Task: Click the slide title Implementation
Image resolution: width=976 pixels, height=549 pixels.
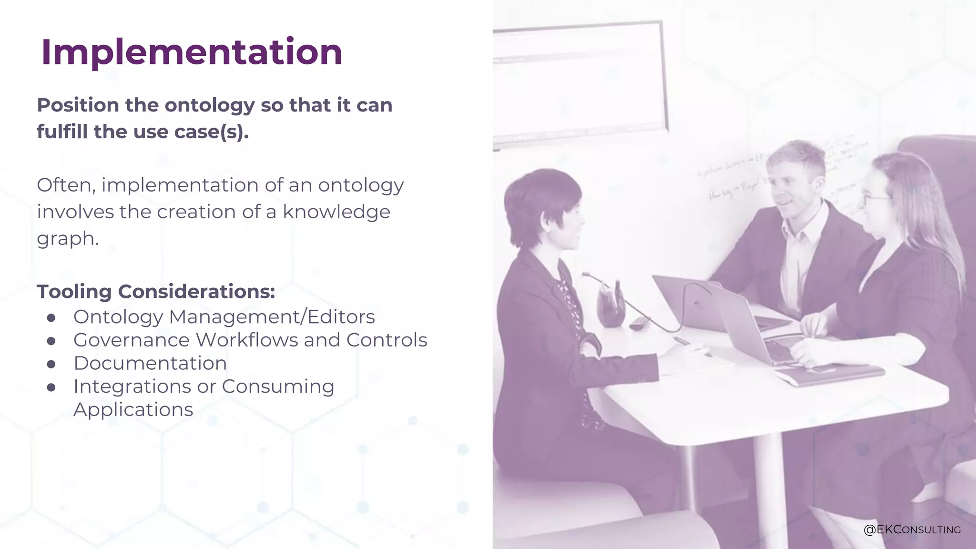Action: (192, 52)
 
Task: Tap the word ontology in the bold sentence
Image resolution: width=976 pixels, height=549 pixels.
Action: (209, 105)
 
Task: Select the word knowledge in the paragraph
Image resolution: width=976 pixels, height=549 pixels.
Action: (336, 212)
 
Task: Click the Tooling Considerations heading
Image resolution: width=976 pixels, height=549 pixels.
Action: (156, 292)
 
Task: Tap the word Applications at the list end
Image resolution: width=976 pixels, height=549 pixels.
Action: (133, 410)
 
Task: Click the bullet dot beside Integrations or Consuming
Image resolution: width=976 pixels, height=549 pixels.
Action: (51, 387)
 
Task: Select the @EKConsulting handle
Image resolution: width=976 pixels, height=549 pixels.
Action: (912, 529)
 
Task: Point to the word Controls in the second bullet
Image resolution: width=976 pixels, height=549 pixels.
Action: (386, 340)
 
